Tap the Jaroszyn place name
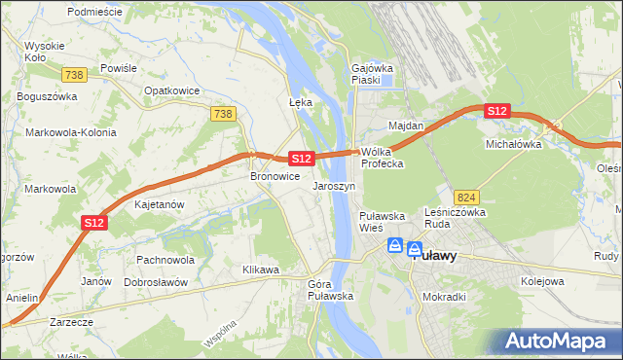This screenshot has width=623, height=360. tap(334, 185)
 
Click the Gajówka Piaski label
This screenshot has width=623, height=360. tap(371, 75)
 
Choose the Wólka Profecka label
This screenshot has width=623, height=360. tap(382, 158)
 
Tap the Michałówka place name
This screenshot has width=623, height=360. tap(513, 143)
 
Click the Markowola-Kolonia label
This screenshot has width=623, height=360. tap(71, 132)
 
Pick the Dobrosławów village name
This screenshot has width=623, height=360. tap(156, 281)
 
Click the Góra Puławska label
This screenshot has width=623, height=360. tap(330, 289)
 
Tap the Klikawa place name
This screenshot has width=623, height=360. tap(261, 267)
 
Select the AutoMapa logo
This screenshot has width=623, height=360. tap(558, 341)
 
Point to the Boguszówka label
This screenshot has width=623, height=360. tap(46, 97)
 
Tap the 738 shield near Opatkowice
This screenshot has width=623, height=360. tap(223, 114)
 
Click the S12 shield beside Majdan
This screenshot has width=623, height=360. tap(497, 111)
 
